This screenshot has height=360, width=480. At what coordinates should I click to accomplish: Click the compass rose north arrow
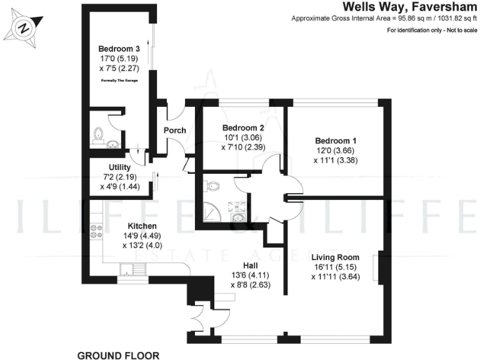click(x=24, y=28)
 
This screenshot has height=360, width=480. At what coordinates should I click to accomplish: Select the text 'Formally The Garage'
click(x=119, y=81)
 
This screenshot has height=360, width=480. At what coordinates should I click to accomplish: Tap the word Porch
click(x=174, y=130)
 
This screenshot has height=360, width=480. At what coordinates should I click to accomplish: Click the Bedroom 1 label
click(x=336, y=141)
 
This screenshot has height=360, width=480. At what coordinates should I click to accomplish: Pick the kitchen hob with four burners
click(x=97, y=232)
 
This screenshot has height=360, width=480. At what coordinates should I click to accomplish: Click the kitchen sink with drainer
click(x=133, y=269)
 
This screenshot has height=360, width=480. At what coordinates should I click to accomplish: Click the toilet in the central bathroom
click(x=212, y=186)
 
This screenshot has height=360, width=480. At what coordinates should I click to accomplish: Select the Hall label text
click(x=244, y=265)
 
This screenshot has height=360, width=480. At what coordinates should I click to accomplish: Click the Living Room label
click(x=336, y=256)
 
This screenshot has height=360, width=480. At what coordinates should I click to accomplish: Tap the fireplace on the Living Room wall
click(x=377, y=269)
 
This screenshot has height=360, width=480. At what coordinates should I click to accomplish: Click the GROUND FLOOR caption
click(x=118, y=356)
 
